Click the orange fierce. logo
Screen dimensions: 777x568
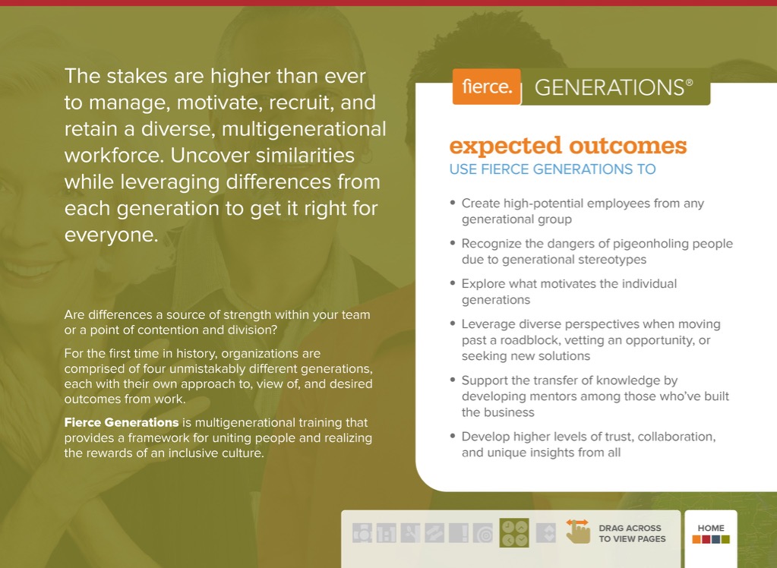487,87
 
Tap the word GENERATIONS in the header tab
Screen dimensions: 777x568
609,88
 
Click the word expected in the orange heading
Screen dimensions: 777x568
505,147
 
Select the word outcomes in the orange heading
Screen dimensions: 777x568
628,145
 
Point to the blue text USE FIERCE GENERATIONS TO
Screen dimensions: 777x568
552,169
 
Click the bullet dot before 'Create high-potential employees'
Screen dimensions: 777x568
453,203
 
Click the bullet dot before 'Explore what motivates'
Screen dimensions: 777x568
453,283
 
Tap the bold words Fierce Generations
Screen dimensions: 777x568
122,422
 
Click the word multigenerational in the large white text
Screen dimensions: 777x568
304,129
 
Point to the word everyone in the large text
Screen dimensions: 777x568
111,235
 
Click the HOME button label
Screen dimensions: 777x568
711,529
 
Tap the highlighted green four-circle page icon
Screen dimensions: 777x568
514,533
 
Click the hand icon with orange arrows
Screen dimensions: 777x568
578,531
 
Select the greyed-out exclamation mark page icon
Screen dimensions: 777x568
459,533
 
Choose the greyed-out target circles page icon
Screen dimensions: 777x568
483,533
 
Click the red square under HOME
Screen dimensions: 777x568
706,539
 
